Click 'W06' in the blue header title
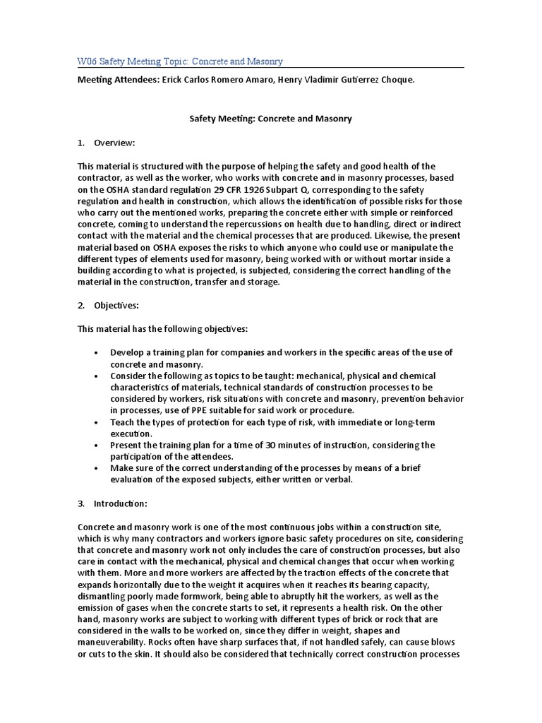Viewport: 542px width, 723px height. click(x=87, y=61)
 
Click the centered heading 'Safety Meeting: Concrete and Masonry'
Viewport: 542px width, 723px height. click(x=271, y=119)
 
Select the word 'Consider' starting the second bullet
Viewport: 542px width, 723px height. click(x=128, y=376)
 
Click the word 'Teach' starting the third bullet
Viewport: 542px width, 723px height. click(x=122, y=422)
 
